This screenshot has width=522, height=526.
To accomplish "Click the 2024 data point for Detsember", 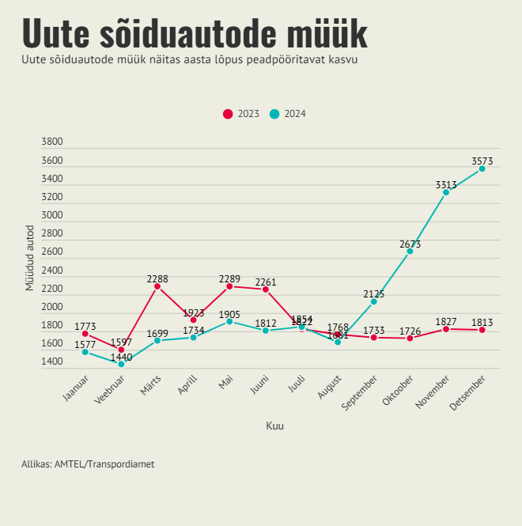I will (482, 168).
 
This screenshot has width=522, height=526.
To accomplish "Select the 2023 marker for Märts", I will (157, 286).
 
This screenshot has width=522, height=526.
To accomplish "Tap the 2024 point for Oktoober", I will (410, 251).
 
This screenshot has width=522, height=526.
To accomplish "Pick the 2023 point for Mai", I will (229, 286).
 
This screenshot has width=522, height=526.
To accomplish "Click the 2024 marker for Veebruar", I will (121, 364).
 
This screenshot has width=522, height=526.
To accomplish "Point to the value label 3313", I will (446, 185).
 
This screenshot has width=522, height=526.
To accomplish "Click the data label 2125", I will (374, 294).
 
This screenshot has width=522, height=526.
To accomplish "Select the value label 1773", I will (85, 327).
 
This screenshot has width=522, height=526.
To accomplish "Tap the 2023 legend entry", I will (241, 114).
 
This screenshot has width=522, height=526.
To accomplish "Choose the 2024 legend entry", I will (288, 114).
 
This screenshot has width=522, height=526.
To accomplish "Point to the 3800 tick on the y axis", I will (52, 142).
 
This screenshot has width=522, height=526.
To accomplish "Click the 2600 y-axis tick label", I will (52, 252).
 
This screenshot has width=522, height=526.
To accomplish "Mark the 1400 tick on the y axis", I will (52, 361).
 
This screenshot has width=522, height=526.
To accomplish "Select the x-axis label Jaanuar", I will (76, 389).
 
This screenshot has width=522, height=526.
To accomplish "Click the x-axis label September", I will (360, 393).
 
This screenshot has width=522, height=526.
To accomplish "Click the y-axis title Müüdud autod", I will (30, 258).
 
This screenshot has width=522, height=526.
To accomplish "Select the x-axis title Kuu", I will (274, 426).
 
